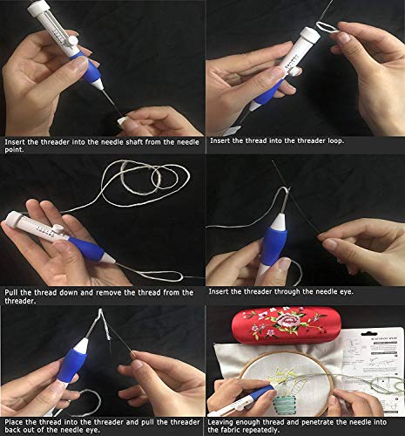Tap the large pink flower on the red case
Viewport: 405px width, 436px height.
coord(284,322)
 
